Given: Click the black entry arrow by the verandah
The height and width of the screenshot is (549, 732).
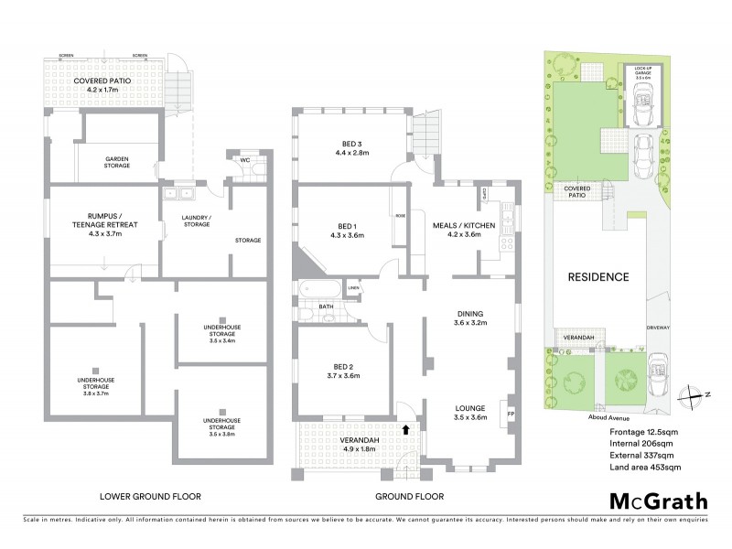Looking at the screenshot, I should point(406,428).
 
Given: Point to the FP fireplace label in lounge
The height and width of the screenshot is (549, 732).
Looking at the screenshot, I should point(511,413).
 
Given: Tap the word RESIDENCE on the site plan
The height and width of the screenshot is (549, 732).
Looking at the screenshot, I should point(599,277).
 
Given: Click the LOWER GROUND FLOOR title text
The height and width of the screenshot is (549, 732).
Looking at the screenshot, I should point(150,497).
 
